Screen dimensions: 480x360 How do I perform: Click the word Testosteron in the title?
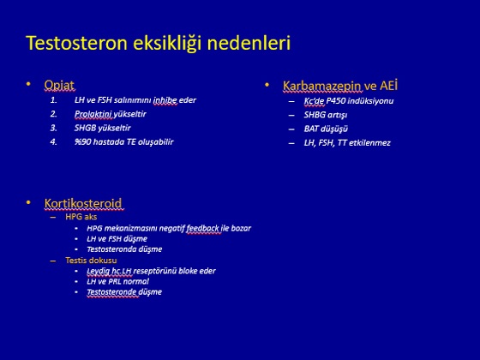[76, 43]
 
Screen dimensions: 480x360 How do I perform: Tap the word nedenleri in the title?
[249, 43]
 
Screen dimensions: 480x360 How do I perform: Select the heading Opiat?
[59, 85]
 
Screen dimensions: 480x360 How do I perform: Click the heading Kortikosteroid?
[83, 203]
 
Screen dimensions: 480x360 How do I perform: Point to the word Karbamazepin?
[322, 86]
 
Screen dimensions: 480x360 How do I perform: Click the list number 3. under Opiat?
[53, 128]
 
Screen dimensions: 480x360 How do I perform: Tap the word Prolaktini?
[93, 114]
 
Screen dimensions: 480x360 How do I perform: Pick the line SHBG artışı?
[326, 115]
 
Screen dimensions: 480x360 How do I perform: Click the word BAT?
[311, 129]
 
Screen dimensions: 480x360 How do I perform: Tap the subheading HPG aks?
[81, 217]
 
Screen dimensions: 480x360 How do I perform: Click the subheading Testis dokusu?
[91, 261]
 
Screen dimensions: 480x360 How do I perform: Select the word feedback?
[202, 228]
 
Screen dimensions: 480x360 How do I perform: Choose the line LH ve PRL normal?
[118, 281]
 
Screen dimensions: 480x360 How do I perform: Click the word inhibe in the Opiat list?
[165, 100]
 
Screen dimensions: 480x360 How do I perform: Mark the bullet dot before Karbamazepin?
[267, 85]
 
